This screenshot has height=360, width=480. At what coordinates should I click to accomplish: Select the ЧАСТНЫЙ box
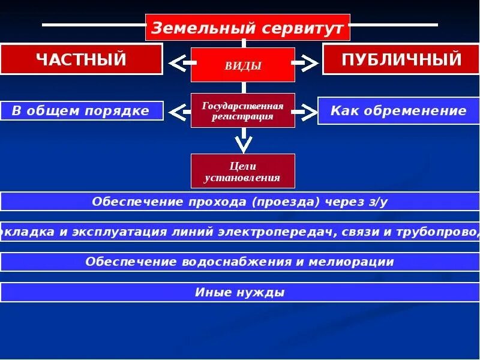click(x=81, y=59)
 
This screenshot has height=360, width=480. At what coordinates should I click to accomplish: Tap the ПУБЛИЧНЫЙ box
click(x=401, y=59)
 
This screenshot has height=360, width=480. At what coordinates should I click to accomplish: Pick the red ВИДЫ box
click(x=243, y=65)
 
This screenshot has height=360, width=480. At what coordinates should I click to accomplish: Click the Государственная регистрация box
click(x=243, y=110)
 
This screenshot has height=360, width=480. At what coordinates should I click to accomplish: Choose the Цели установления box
click(x=243, y=171)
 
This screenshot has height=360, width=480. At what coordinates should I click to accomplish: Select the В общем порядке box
click(x=82, y=111)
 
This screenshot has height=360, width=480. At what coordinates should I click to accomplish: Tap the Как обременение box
click(x=398, y=110)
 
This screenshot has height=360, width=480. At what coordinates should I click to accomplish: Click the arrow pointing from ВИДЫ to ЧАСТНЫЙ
click(x=178, y=62)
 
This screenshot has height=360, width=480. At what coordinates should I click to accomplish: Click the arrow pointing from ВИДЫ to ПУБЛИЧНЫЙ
click(x=308, y=62)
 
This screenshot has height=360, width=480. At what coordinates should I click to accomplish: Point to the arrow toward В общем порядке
click(x=178, y=111)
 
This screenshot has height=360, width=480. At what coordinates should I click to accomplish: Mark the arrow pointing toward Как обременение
click(x=307, y=111)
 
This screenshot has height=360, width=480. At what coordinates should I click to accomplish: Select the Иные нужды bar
click(x=240, y=293)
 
